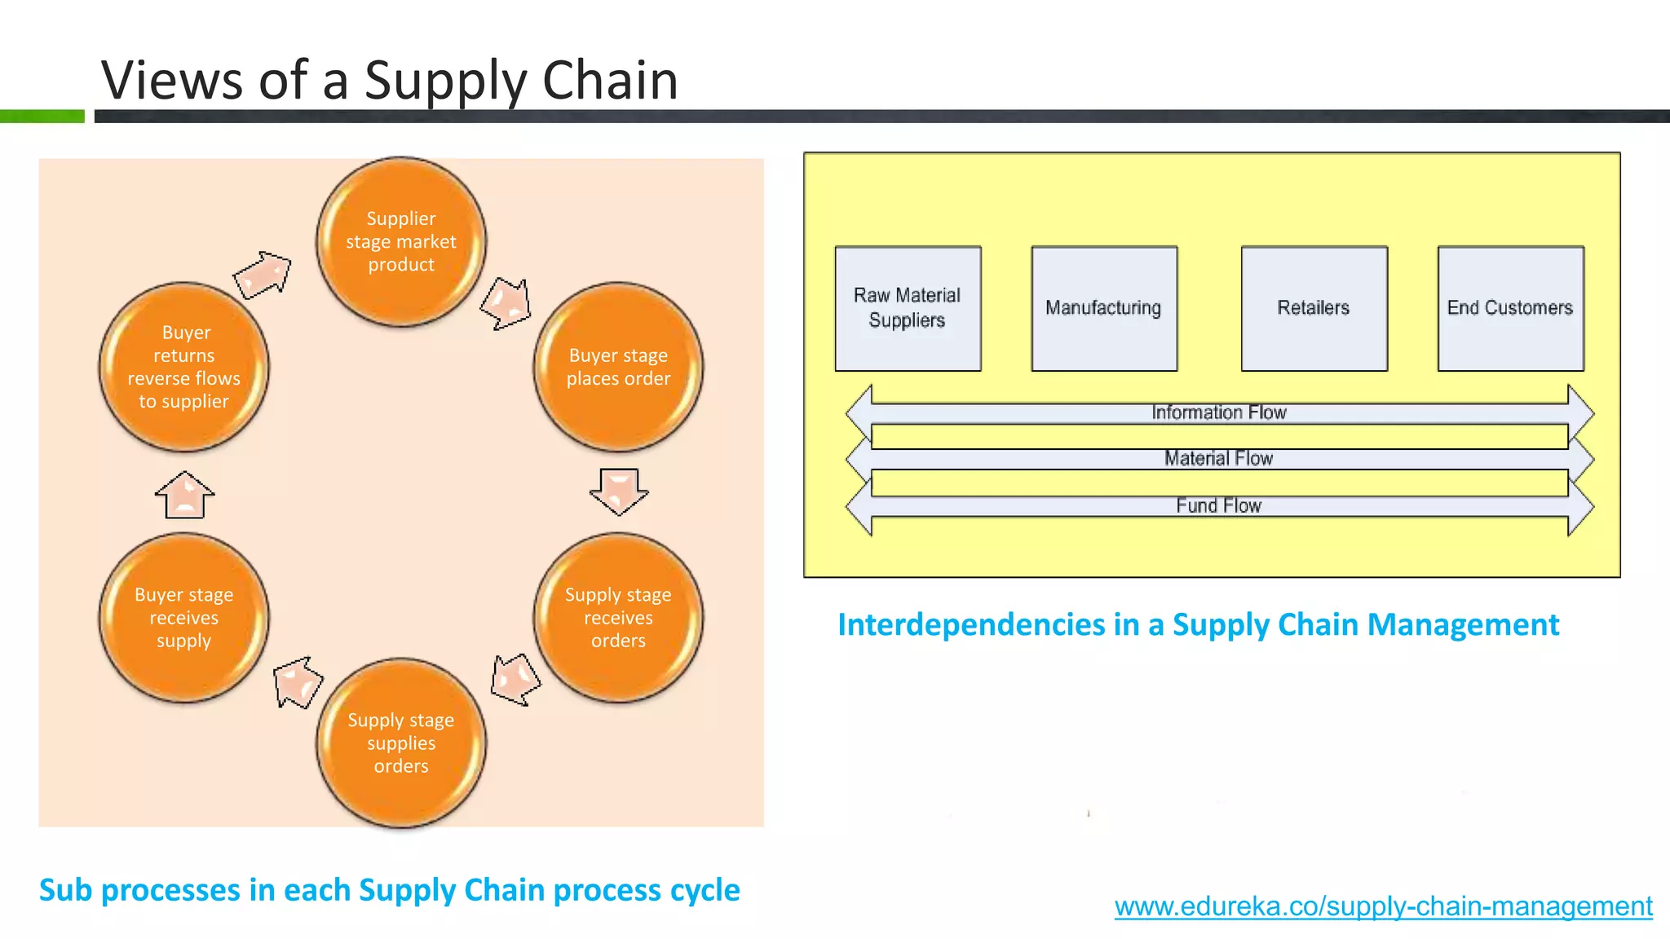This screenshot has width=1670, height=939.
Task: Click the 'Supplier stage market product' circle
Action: [x=400, y=241]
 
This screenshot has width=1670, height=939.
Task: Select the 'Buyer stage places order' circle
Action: [x=618, y=367]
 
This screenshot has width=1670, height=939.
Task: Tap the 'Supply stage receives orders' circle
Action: [x=618, y=617]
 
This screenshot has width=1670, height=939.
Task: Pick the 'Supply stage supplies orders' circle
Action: [x=400, y=743]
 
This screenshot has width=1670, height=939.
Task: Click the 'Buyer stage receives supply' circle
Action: [x=183, y=617]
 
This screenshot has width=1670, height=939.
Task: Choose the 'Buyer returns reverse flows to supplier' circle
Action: [x=183, y=367]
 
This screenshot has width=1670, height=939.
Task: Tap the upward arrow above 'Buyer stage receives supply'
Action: [x=185, y=495]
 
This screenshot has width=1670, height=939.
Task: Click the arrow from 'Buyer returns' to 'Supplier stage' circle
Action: [x=263, y=274]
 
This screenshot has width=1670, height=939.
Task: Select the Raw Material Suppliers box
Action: [x=908, y=308]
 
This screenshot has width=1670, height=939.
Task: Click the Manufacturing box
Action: [x=1103, y=308]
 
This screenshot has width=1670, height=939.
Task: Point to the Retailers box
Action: [x=1314, y=308]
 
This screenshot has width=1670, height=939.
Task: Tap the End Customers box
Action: [x=1510, y=308]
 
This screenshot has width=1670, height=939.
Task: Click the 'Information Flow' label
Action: [x=1218, y=412]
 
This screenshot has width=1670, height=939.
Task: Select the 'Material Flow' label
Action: [x=1218, y=458]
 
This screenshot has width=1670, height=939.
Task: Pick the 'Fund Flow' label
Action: [x=1218, y=505]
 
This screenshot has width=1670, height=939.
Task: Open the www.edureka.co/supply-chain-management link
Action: [x=1383, y=906]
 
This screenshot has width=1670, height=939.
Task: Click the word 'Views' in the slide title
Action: [x=172, y=81]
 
